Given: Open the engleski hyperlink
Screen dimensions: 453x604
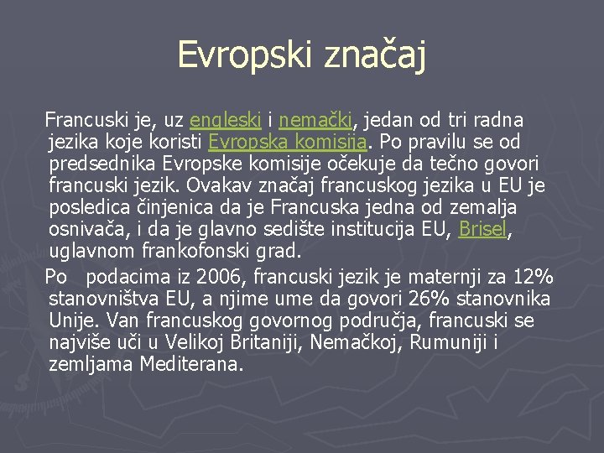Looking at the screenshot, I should (x=225, y=120).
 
